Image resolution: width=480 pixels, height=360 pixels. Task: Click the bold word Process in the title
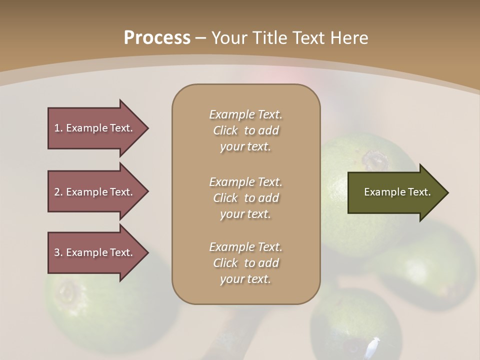[157, 38]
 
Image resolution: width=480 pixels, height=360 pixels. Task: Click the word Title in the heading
[270, 38]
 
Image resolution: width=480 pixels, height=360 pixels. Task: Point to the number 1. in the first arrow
[58, 128]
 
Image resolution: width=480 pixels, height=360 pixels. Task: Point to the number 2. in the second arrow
[58, 192]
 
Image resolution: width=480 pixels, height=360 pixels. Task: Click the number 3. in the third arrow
[58, 252]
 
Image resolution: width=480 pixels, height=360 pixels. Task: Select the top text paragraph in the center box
[245, 130]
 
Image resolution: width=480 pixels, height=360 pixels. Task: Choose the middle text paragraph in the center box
[245, 198]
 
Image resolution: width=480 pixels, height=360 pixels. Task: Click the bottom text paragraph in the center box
[245, 263]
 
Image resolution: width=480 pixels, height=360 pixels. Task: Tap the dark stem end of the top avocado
[375, 160]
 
